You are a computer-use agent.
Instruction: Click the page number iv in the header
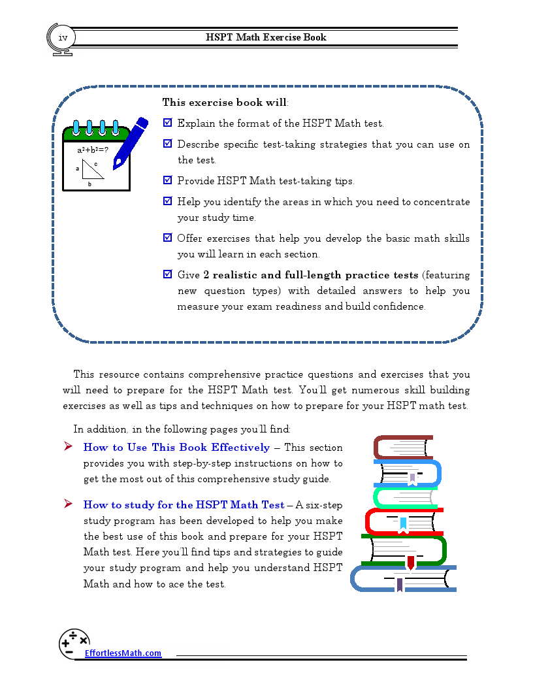click(63, 37)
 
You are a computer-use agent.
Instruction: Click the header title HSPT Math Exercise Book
click(266, 37)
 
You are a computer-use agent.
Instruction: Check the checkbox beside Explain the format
click(167, 122)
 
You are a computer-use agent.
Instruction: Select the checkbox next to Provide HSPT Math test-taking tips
click(167, 180)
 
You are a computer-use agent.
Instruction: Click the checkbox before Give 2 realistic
click(167, 274)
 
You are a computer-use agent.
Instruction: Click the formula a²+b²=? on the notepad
click(92, 150)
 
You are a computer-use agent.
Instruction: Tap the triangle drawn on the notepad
click(92, 170)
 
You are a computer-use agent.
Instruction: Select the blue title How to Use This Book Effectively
click(176, 448)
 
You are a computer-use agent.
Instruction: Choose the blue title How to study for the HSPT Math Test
click(184, 505)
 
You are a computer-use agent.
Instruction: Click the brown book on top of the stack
click(402, 448)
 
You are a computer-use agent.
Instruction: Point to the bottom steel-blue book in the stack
click(402, 579)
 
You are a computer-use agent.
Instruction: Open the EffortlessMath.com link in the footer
click(123, 653)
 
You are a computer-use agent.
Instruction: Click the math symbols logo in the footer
click(74, 642)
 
